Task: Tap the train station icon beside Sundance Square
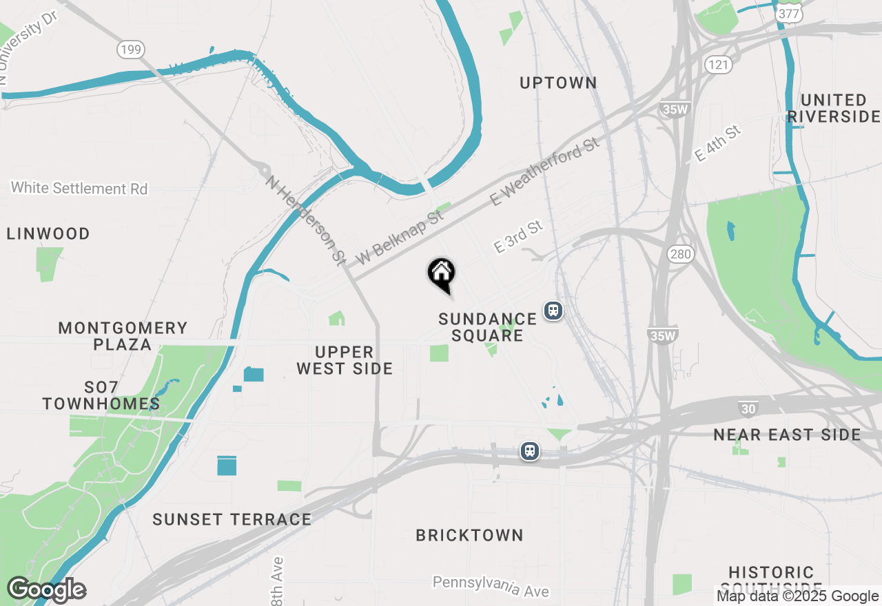(x=553, y=311)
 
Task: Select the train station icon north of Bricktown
(x=529, y=451)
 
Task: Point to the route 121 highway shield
(x=717, y=65)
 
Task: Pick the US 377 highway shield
(x=788, y=13)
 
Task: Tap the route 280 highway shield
(x=680, y=254)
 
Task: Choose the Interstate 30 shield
(x=748, y=410)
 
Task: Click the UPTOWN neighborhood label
(x=558, y=83)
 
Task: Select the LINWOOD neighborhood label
(x=48, y=234)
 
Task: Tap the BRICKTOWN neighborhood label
(x=469, y=535)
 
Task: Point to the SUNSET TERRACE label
(x=232, y=519)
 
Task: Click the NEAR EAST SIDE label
(x=787, y=435)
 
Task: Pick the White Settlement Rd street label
(x=79, y=188)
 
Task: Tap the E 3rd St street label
(x=519, y=236)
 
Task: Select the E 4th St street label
(x=718, y=143)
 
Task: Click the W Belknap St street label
(x=400, y=238)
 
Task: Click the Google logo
(x=46, y=589)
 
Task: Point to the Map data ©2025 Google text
(x=797, y=596)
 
